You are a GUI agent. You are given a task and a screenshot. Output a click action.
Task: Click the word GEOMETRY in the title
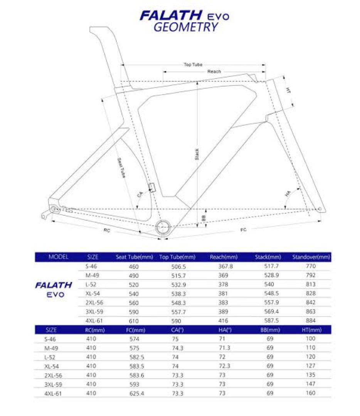(x=185, y=27)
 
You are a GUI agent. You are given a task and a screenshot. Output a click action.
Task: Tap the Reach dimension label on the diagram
(x=214, y=72)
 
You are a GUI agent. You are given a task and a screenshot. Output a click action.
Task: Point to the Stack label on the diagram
(x=197, y=154)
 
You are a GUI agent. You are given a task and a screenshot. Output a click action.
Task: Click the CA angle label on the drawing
(x=140, y=194)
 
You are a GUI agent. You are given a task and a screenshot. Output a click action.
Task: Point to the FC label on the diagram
(x=243, y=230)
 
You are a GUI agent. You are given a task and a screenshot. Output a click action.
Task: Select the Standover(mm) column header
(x=311, y=257)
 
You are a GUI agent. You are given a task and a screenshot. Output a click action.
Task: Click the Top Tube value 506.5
(x=178, y=266)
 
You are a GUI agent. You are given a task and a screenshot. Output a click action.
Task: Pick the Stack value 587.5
(x=268, y=320)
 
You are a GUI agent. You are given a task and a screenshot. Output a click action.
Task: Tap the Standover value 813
(x=310, y=284)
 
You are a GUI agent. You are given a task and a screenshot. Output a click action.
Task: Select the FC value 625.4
(x=135, y=393)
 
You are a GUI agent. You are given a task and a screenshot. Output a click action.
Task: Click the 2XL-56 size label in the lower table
(x=53, y=375)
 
